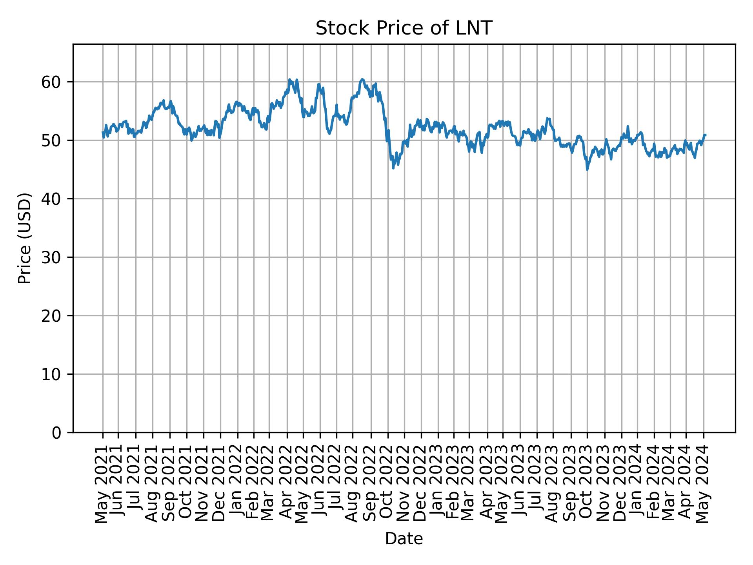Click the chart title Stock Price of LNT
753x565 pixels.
coord(404,28)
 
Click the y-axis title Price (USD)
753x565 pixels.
coord(25,238)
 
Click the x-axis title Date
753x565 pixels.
coord(404,539)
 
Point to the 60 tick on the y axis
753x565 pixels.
coord(51,82)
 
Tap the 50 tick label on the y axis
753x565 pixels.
coord(51,140)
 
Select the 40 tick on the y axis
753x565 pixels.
coord(51,199)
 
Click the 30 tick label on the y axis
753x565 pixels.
coord(51,257)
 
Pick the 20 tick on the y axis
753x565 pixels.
coord(51,316)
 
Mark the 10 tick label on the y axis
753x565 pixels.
coord(51,374)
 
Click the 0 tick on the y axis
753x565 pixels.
coord(56,433)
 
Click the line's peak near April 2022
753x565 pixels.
coord(289,79)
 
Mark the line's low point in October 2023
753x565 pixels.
coord(587,169)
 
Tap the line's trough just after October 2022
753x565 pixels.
coord(393,168)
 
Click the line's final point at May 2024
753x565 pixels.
coord(705,135)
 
